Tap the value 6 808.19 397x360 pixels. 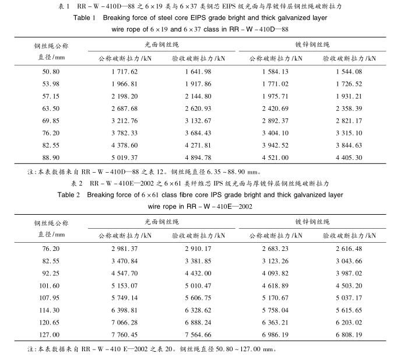pyautogui.click(x=349, y=335)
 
